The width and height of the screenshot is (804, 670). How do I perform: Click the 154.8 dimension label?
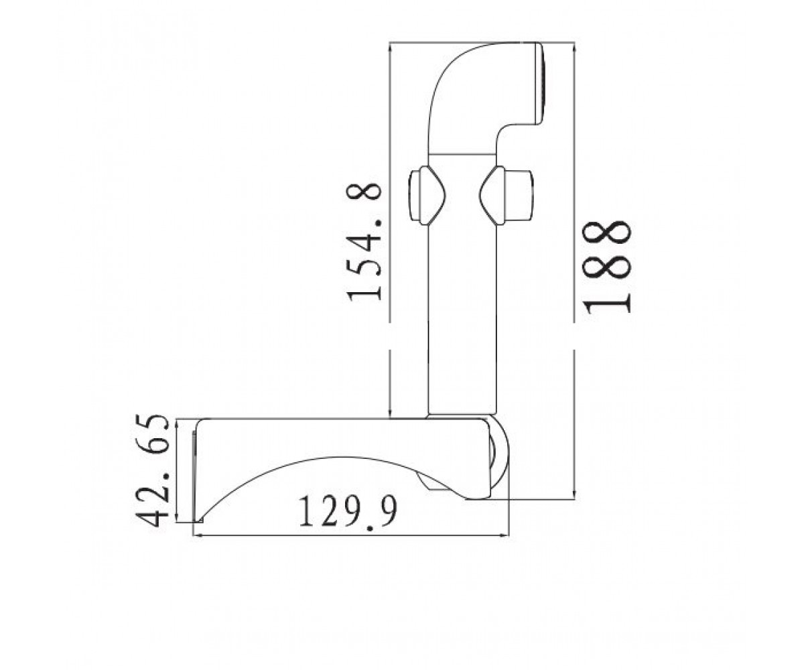click(364, 242)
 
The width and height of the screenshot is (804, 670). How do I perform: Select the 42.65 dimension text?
click(153, 470)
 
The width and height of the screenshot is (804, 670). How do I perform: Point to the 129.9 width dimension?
click(348, 513)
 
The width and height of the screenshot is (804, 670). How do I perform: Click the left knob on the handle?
click(427, 196)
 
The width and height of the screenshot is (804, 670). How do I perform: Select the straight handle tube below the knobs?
click(462, 320)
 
